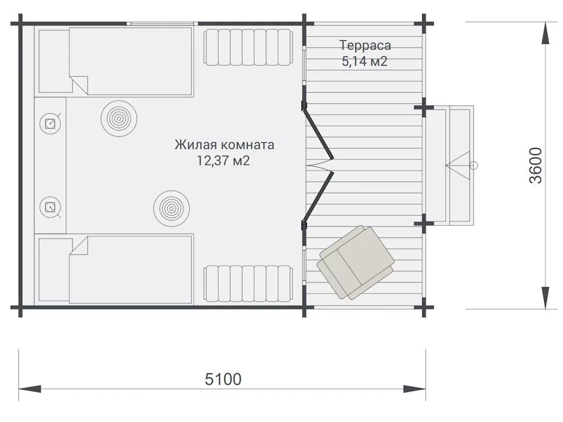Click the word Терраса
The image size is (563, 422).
coord(365,46)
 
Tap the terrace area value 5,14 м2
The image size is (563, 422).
coord(364,62)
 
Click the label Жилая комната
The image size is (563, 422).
coord(225,145)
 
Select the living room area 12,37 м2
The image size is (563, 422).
coord(223,161)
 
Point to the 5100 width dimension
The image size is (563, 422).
coord(223,379)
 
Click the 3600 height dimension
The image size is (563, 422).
coord(535,165)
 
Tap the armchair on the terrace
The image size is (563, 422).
coord(355,263)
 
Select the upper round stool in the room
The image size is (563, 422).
coord(119,118)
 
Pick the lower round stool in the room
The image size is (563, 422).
coord(172,209)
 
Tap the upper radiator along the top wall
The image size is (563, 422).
coord(248,47)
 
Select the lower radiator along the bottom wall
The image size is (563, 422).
coord(248,284)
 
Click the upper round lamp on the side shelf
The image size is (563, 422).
coord(50,124)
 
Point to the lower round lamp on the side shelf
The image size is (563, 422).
coord(50,207)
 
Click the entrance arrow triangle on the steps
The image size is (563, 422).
coord(458,165)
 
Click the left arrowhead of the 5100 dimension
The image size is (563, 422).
coord(29,389)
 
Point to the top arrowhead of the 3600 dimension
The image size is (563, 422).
coord(545,33)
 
